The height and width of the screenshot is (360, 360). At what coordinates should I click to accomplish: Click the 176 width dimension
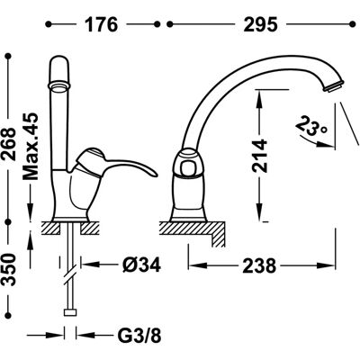[x=102, y=24]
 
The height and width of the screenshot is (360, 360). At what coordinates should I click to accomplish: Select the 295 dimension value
[x=260, y=24]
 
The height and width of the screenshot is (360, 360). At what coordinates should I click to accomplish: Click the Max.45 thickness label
[x=31, y=147]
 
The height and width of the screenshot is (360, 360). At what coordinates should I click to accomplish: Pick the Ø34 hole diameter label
[x=141, y=265]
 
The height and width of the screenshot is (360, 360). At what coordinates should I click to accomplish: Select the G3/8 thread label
[x=139, y=336]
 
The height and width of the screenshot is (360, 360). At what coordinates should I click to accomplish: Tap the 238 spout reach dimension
[x=259, y=265]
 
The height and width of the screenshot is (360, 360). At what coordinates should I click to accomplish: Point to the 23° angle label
[x=312, y=126]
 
